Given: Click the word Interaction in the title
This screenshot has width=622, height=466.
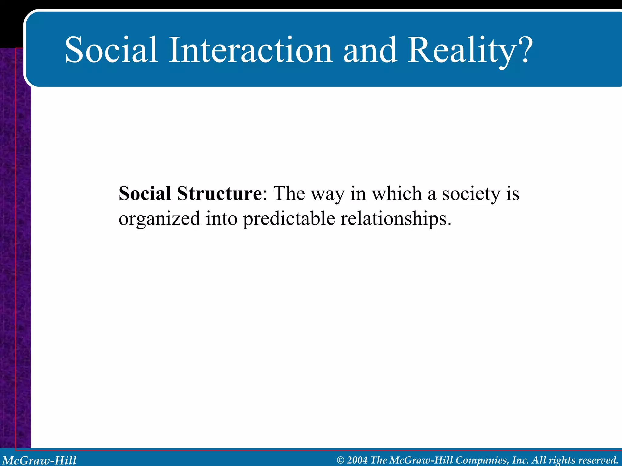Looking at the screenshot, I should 251,50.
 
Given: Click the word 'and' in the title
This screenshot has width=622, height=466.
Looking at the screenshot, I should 370,50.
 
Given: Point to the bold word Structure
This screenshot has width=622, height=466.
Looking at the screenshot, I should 219,193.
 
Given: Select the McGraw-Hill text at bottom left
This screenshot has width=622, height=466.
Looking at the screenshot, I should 39,460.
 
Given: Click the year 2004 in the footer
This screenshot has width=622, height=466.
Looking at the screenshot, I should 357,460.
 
